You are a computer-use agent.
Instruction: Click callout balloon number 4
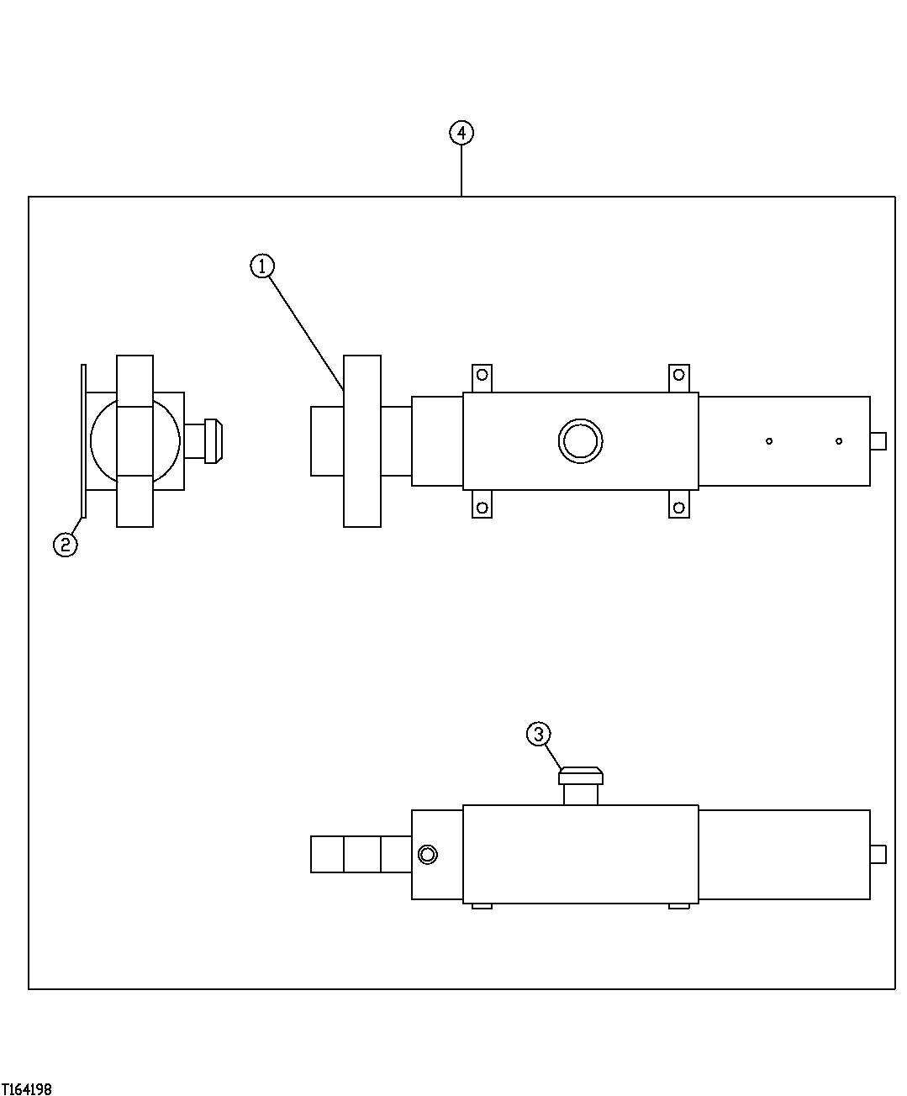[461, 133]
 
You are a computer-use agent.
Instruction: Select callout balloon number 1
[262, 266]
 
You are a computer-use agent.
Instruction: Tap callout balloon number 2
[66, 545]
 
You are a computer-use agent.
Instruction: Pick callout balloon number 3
[539, 734]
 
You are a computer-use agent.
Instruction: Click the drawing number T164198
[27, 1089]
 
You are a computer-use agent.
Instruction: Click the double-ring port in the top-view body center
[580, 440]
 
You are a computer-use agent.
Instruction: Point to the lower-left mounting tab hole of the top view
[482, 507]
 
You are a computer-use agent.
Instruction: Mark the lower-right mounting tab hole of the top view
[678, 507]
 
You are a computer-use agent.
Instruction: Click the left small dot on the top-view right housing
[768, 440]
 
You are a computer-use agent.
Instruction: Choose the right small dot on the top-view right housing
[839, 440]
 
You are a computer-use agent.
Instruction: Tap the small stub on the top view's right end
[878, 440]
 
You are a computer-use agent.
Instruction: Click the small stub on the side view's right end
[878, 854]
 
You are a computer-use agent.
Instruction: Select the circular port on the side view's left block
[428, 855]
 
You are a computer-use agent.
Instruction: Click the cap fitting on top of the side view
[581, 776]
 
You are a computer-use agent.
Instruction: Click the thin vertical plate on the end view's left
[83, 440]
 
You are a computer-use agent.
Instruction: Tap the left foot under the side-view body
[482, 905]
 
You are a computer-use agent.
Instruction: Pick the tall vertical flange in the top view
[362, 440]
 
